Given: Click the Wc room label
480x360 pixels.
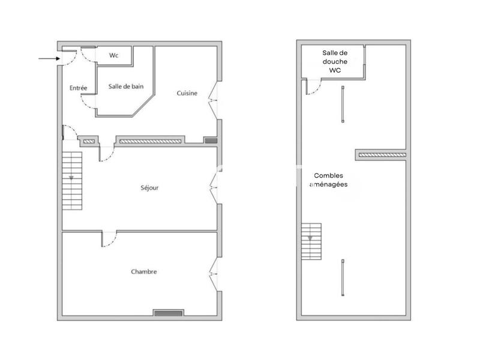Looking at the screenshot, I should [113, 56].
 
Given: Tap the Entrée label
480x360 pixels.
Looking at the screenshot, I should [79, 88].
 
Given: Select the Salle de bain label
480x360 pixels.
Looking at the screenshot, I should [126, 86].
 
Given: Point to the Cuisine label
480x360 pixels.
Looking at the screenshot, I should [187, 93].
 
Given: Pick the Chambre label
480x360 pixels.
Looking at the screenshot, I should [144, 272].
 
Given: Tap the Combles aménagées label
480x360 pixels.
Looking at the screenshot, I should [328, 180].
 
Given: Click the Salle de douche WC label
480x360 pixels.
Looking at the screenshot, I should [335, 61].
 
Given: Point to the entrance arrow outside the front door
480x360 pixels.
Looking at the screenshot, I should [47, 58].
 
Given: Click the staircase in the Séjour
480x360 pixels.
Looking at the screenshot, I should [72, 180].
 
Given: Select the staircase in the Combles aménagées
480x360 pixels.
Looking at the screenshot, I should [311, 241].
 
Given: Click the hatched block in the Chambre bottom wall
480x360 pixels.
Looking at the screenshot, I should [168, 313].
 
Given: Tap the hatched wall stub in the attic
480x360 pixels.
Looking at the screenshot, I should [382, 155].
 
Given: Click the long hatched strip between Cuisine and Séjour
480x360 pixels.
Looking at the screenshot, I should [149, 142].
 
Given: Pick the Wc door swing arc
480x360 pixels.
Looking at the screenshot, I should [88, 55].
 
